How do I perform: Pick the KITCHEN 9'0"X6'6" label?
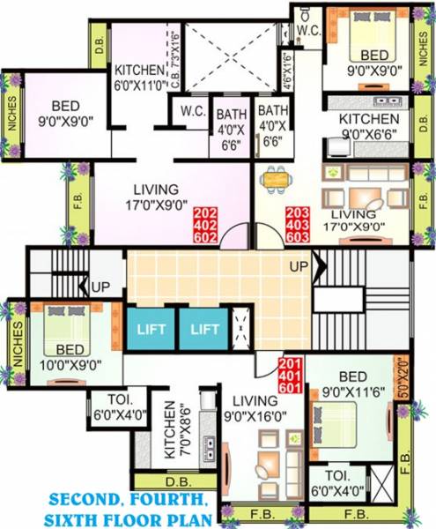370,125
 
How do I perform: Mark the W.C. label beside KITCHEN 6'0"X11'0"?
193,112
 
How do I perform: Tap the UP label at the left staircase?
100,287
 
